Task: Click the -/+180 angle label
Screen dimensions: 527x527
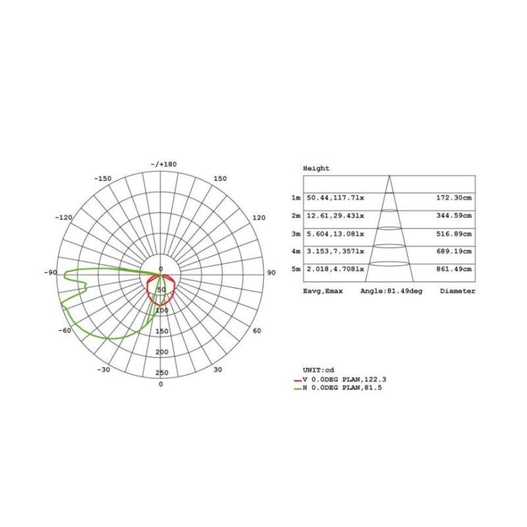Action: tap(163, 164)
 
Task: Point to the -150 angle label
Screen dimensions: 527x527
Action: tap(103, 179)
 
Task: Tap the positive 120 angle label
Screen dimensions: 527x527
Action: tap(258, 217)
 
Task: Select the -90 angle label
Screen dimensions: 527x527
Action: tap(51, 273)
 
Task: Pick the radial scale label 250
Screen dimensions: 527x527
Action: tap(161, 373)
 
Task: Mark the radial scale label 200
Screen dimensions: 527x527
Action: tap(161, 352)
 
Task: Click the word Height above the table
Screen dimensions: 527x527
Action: tap(316, 169)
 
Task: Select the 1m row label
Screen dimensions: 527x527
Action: tap(296, 198)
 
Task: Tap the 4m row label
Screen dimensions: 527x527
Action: tap(296, 252)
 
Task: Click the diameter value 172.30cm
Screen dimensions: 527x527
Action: tap(455, 198)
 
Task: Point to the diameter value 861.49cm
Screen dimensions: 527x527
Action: tap(455, 269)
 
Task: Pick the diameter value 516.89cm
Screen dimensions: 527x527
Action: tap(455, 234)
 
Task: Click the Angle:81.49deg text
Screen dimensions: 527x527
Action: tap(391, 291)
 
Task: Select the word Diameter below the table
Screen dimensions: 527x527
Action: tap(457, 291)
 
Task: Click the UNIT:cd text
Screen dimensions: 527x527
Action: tap(319, 370)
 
